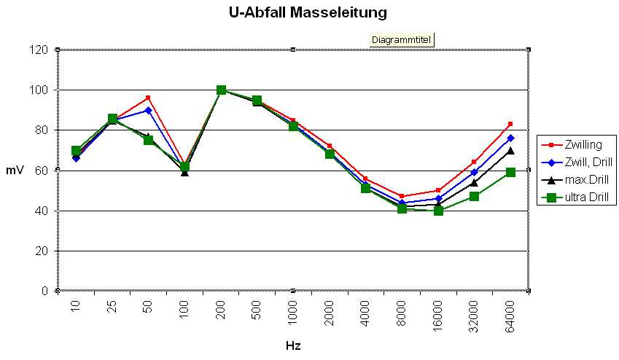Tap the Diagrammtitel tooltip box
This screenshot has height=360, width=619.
[402, 39]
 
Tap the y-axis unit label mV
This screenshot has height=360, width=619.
[15, 170]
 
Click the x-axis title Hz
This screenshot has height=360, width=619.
[293, 345]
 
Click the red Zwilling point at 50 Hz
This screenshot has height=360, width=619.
[148, 98]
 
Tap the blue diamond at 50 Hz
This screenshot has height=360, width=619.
[148, 110]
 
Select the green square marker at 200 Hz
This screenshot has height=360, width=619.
[221, 90]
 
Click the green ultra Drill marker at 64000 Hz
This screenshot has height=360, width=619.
[510, 172]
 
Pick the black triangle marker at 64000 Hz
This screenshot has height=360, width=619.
[510, 151]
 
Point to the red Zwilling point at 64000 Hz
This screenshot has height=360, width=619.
[510, 124]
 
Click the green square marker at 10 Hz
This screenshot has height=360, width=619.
[76, 151]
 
